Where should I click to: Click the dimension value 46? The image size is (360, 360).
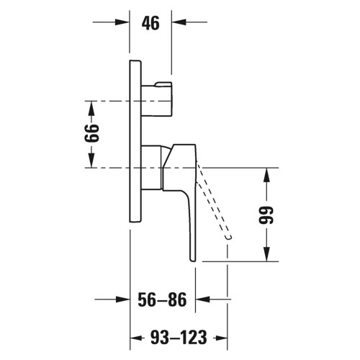(150, 23)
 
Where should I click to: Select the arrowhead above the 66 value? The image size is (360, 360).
(92, 107)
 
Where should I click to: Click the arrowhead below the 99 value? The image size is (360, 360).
(267, 256)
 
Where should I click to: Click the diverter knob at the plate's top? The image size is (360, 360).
(158, 99)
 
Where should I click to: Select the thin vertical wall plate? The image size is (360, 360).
(135, 144)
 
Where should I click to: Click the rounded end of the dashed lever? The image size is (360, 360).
(228, 236)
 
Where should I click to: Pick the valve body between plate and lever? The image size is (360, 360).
(152, 168)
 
